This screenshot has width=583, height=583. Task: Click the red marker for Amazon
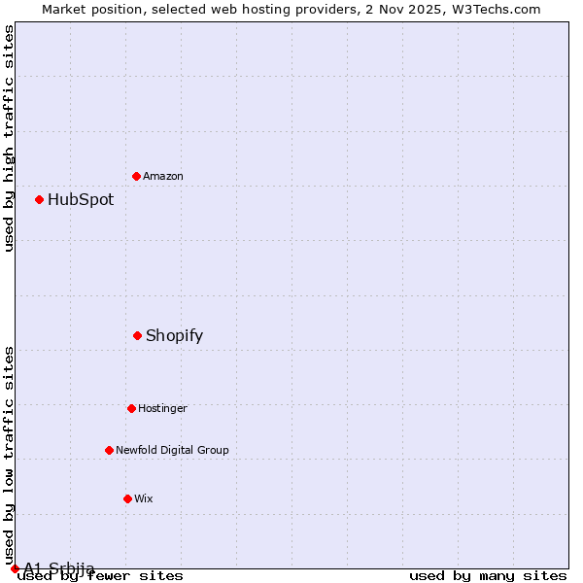pyautogui.click(x=136, y=176)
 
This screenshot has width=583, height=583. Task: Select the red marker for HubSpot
pyautogui.click(x=39, y=199)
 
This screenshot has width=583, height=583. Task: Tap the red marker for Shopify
pyautogui.click(x=137, y=335)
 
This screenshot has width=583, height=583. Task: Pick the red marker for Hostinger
pyautogui.click(x=131, y=408)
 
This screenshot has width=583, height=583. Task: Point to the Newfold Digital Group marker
pyautogui.click(x=109, y=450)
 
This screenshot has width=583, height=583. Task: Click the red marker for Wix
pyautogui.click(x=127, y=498)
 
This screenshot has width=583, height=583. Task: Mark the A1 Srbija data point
pyautogui.click(x=15, y=568)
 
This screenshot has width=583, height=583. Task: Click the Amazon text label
pyautogui.click(x=163, y=176)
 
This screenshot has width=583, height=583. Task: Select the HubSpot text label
pyautogui.click(x=81, y=199)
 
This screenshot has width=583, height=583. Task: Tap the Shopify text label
pyautogui.click(x=174, y=335)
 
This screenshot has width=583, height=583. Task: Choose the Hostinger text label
pyautogui.click(x=162, y=408)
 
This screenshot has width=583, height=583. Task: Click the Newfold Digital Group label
pyautogui.click(x=172, y=450)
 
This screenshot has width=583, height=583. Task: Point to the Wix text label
pyautogui.click(x=144, y=498)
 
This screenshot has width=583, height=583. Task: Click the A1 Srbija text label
pyautogui.click(x=59, y=568)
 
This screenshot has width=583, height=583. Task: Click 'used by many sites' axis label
pyautogui.click(x=488, y=575)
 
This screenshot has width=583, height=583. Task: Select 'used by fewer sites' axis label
pyautogui.click(x=100, y=575)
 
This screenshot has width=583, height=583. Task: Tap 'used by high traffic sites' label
pyautogui.click(x=9, y=138)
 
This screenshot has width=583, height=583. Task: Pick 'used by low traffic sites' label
pyautogui.click(x=9, y=455)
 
